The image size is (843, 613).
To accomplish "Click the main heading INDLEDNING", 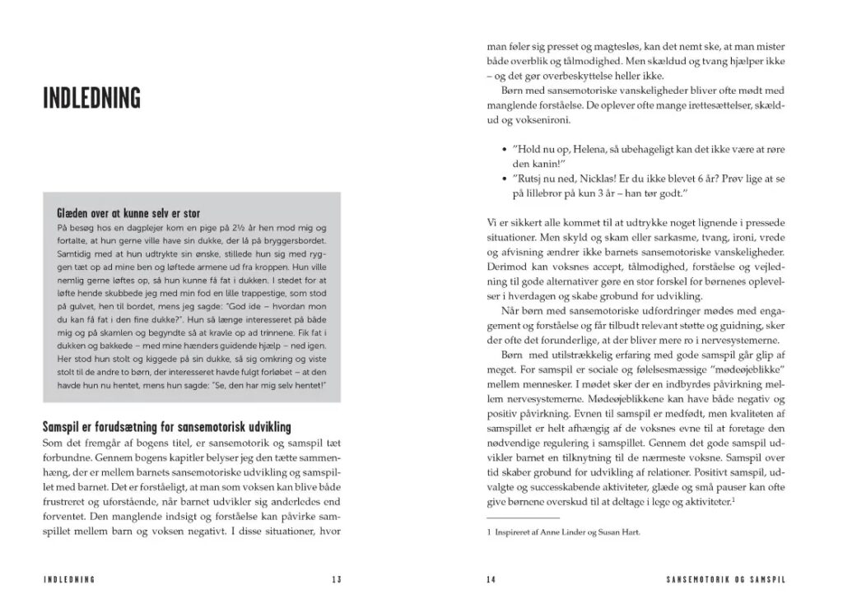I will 91,97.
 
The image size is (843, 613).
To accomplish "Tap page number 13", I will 337,579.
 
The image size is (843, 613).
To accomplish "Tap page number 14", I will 491,579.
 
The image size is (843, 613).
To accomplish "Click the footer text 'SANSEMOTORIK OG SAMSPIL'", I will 724,579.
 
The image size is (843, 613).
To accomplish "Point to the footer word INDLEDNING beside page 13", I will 70,579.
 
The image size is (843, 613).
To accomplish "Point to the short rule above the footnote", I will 512,518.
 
